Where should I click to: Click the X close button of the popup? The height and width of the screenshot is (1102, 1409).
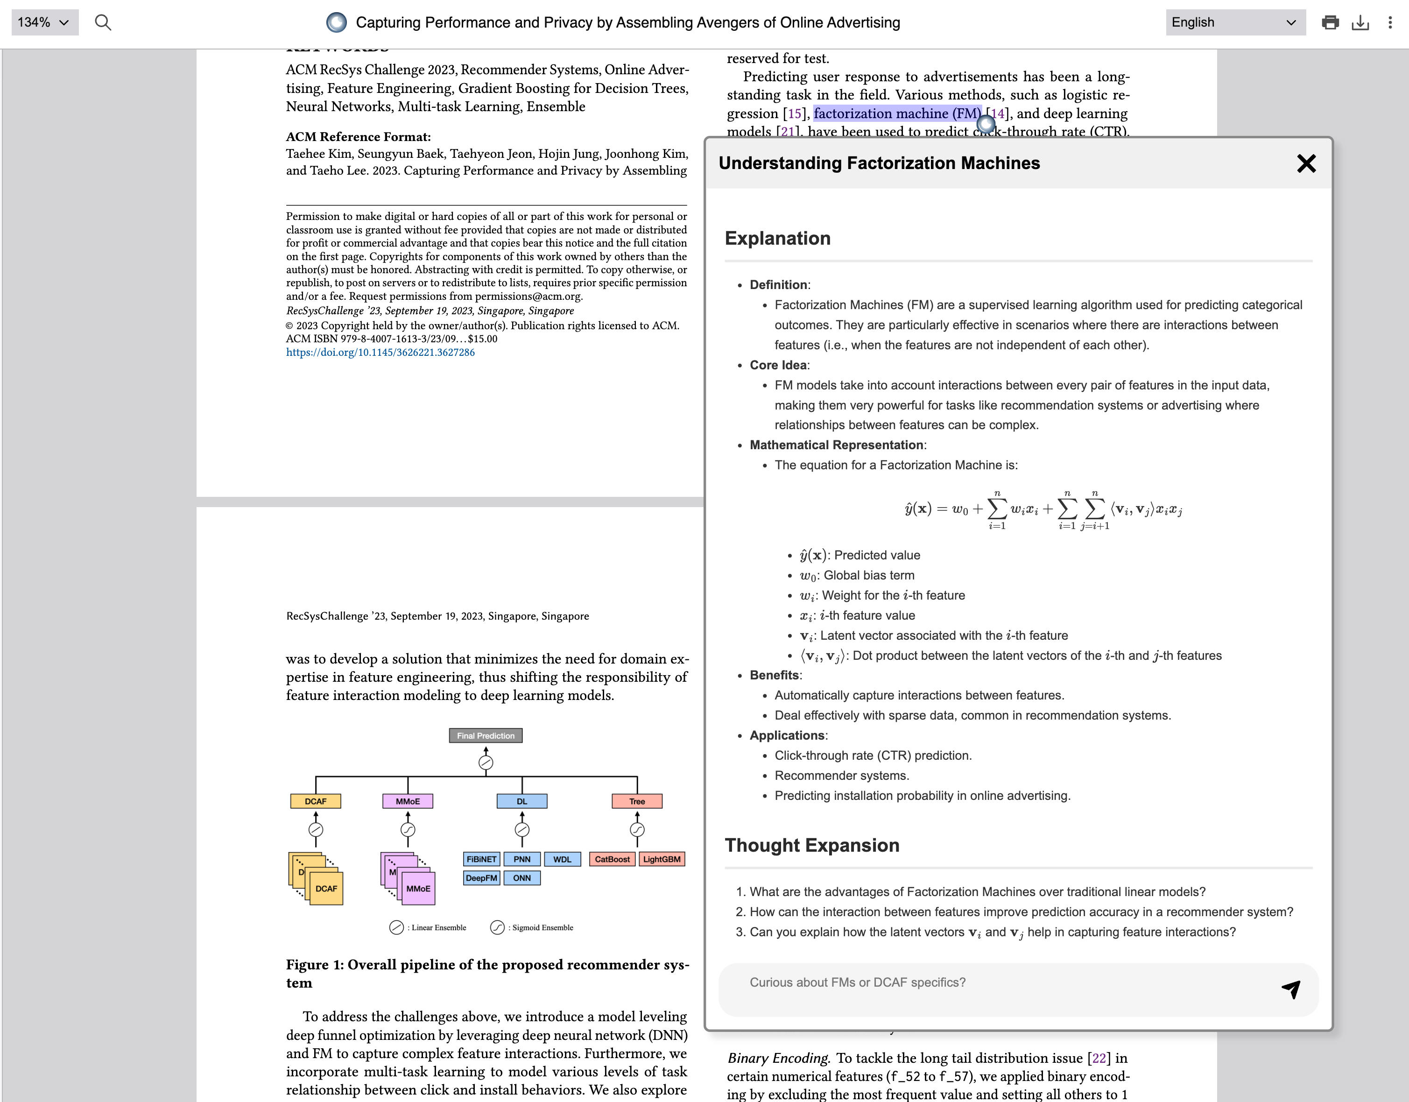(1306, 163)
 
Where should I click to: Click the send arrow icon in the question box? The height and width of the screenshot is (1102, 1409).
(1291, 989)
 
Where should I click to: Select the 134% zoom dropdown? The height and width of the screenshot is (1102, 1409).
(44, 22)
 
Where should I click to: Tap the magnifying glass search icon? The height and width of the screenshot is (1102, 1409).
(103, 22)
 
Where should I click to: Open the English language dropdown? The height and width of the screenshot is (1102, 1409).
(1235, 22)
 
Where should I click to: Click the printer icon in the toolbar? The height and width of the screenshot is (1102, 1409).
(1330, 22)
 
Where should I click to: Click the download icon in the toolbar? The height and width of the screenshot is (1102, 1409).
(1360, 22)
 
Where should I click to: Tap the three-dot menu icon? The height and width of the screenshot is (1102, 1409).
(1390, 22)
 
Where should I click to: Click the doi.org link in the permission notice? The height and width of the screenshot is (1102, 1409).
(380, 352)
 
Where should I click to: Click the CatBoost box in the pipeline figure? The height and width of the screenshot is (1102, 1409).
(612, 859)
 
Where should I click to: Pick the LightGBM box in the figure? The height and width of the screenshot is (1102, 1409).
(661, 859)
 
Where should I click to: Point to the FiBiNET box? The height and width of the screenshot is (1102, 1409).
(481, 859)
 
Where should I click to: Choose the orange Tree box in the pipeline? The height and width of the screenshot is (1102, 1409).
(637, 801)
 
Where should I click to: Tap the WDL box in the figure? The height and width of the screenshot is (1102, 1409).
(562, 859)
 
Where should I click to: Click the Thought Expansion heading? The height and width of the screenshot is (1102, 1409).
(811, 845)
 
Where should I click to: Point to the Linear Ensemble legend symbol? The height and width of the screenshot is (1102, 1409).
(396, 928)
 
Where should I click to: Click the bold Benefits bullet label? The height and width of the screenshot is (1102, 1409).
(774, 675)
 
